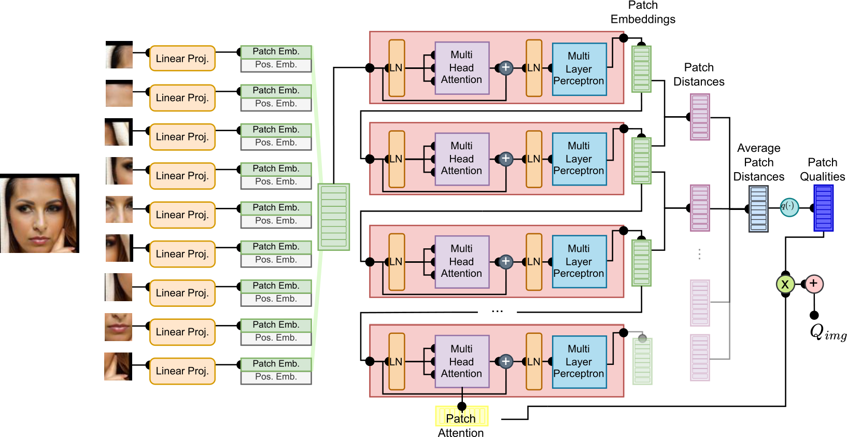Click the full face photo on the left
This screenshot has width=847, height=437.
pyautogui.click(x=39, y=213)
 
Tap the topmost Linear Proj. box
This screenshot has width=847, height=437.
pyautogui.click(x=182, y=58)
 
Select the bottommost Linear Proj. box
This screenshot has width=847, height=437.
pyautogui.click(x=182, y=371)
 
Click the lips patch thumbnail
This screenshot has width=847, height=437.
pyautogui.click(x=118, y=327)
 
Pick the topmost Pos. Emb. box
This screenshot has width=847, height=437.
pyautogui.click(x=276, y=65)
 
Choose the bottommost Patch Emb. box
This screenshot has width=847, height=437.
pyautogui.click(x=276, y=364)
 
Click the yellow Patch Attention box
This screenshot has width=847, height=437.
pyautogui.click(x=462, y=416)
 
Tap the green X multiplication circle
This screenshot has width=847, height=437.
pyautogui.click(x=785, y=284)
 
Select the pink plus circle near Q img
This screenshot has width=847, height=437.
pyautogui.click(x=814, y=284)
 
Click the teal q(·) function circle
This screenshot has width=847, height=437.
pyautogui.click(x=789, y=207)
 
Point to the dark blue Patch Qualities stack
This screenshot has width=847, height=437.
pyautogui.click(x=824, y=208)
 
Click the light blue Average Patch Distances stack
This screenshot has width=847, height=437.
pyautogui.click(x=758, y=209)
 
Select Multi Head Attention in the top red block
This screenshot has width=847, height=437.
pyautogui.click(x=462, y=68)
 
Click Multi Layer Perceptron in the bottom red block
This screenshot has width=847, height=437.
pyautogui.click(x=580, y=362)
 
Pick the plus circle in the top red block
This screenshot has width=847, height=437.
pyautogui.click(x=506, y=68)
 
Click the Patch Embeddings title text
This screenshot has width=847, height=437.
pyautogui.click(x=643, y=12)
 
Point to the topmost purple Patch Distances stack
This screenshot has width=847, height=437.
pyautogui.click(x=700, y=117)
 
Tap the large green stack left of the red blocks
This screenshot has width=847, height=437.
pyautogui.click(x=333, y=217)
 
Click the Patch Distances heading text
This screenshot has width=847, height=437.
pyautogui.click(x=699, y=75)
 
